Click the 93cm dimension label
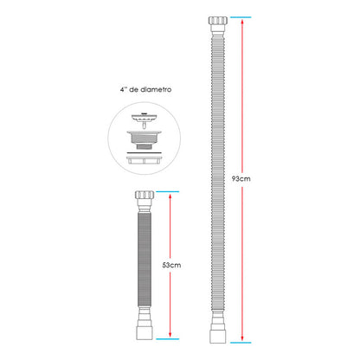241,179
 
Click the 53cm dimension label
171,265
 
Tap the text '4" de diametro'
145,89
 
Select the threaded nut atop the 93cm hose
218,21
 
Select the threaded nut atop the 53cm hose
145,195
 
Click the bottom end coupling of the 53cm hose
144,333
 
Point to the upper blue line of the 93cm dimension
241,17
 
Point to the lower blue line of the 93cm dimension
241,343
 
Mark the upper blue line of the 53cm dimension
168,191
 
